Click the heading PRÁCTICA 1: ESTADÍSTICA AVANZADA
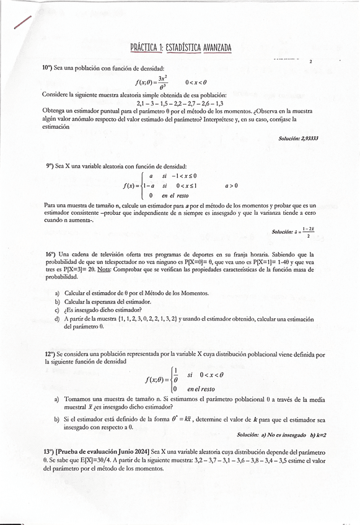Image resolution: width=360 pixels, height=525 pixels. coord(180,48)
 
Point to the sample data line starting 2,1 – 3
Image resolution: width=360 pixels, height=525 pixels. coord(180,103)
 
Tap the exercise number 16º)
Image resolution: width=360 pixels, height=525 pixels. coord(50,254)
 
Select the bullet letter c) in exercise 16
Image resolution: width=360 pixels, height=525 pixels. coord(57,310)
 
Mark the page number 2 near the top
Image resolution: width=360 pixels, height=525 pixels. coord(310,62)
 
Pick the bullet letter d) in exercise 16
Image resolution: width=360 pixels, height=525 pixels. coord(57,319)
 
